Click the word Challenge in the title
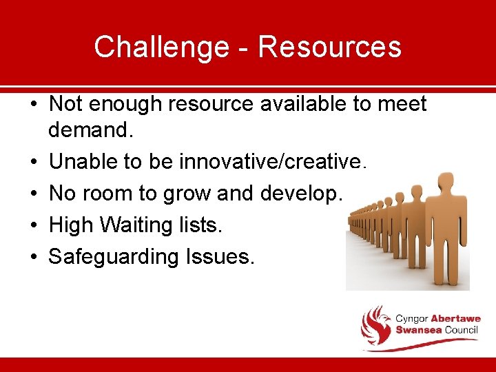point(163,47)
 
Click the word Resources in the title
point(329,47)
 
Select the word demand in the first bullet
point(90,130)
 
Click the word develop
point(300,194)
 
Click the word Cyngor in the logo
point(411,318)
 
